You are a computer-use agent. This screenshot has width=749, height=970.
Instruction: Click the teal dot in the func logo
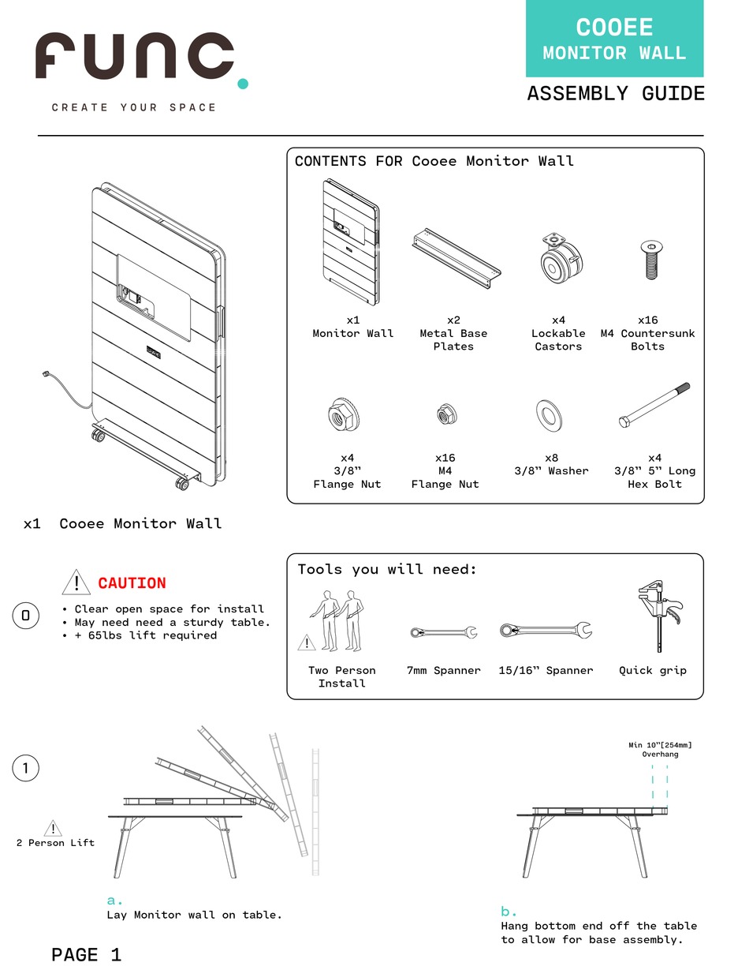click(x=243, y=83)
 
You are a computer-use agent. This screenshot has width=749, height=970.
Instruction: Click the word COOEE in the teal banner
click(x=614, y=28)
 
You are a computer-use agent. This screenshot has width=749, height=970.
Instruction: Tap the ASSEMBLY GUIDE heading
click(x=616, y=94)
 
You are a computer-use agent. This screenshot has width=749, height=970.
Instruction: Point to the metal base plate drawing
click(x=456, y=258)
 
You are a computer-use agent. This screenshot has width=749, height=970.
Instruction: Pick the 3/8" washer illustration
click(x=549, y=415)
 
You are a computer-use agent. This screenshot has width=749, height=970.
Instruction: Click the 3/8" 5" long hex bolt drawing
click(x=654, y=406)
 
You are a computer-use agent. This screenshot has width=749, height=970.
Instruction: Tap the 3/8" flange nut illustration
click(x=345, y=414)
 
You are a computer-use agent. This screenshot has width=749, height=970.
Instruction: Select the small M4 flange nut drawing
click(x=445, y=414)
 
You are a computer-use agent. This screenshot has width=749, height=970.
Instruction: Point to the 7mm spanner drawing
click(x=443, y=632)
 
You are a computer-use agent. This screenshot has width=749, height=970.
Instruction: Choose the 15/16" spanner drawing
click(x=546, y=631)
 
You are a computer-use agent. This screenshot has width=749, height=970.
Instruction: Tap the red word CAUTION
click(x=132, y=583)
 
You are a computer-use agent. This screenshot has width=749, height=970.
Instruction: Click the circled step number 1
click(x=26, y=768)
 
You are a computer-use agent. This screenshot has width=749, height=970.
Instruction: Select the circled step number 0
click(x=26, y=616)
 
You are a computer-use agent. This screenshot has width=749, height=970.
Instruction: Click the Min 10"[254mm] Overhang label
click(x=659, y=749)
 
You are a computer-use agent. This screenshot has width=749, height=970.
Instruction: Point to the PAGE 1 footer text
click(x=86, y=955)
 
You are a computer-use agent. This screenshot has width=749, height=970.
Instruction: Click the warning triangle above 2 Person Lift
click(x=53, y=828)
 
